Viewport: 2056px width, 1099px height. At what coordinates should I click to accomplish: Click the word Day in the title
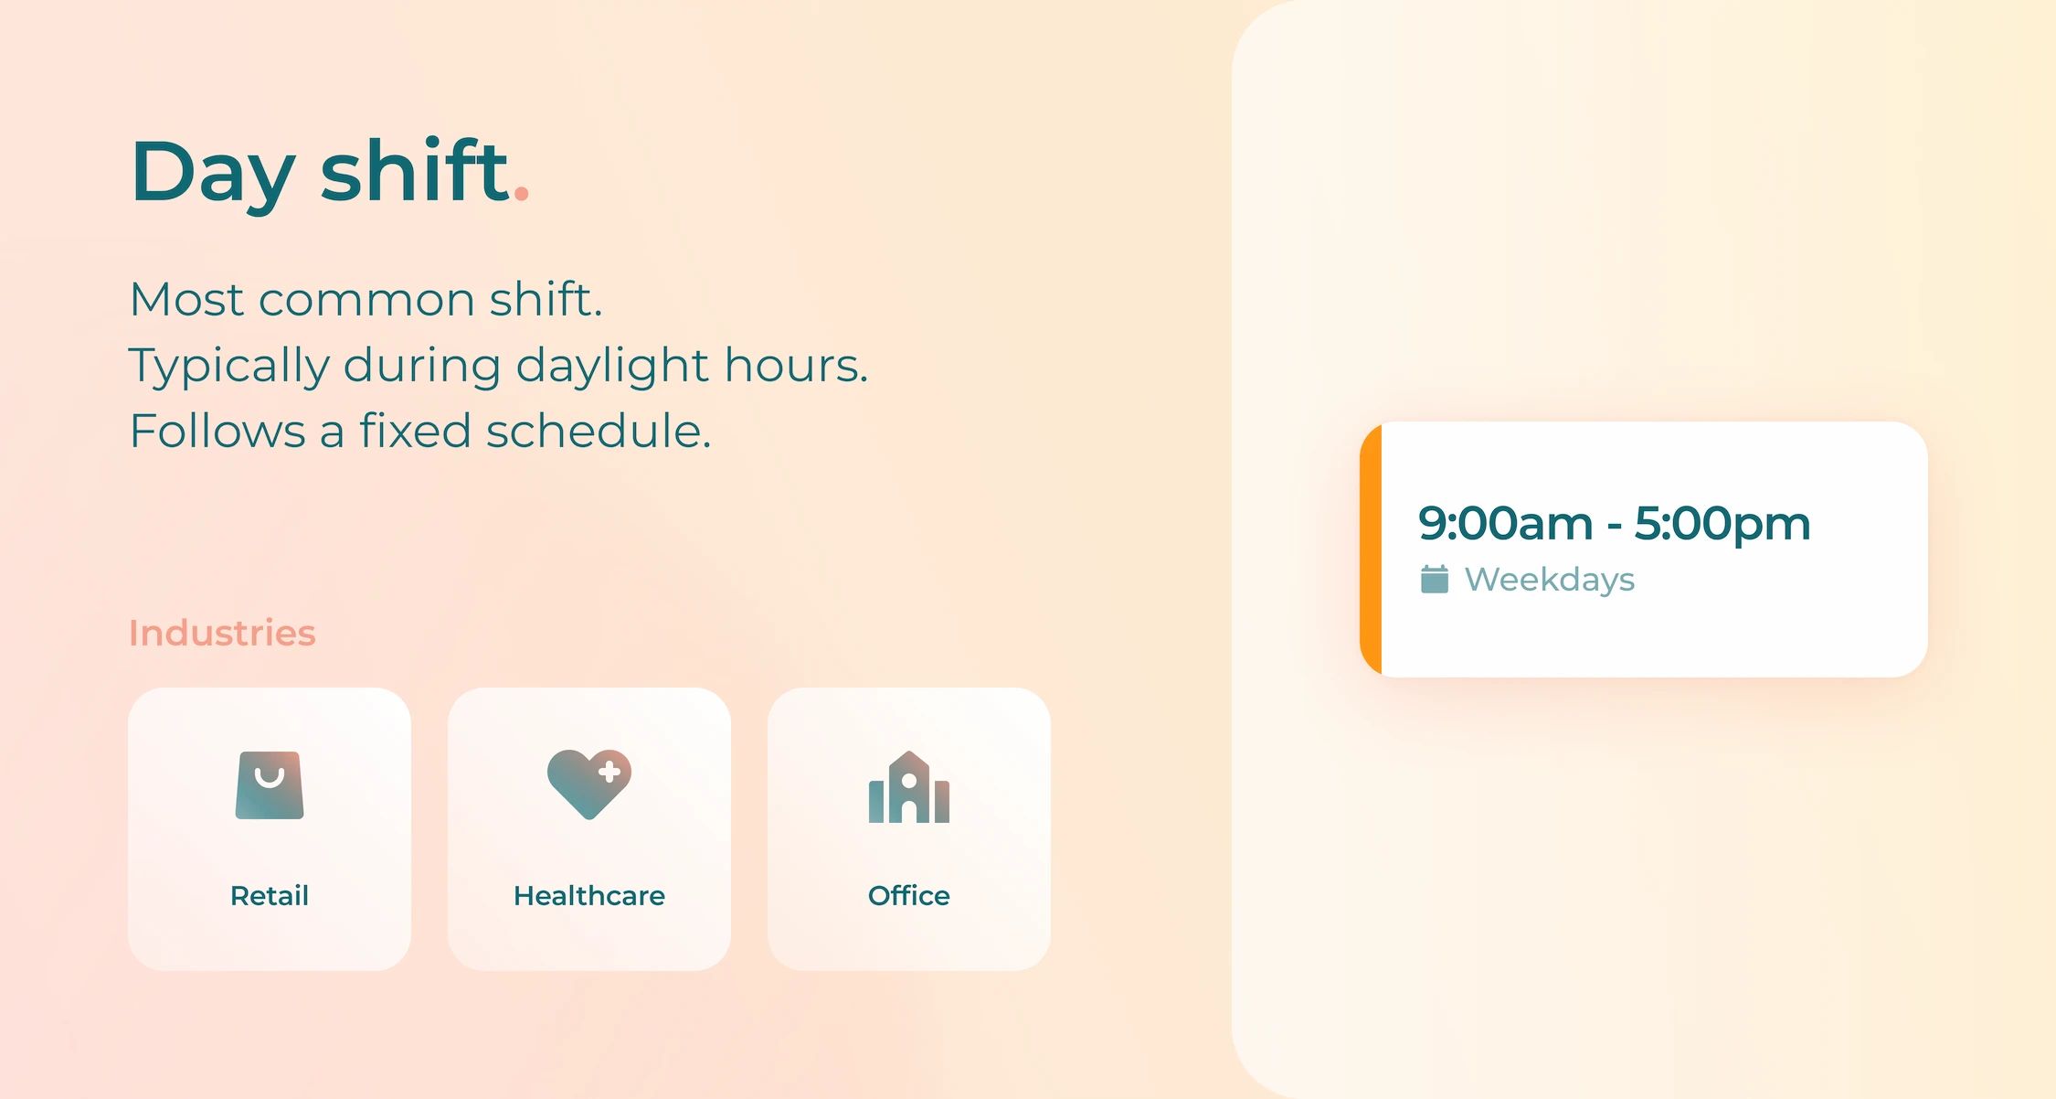[x=213, y=174]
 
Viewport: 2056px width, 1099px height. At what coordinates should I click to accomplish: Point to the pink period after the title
[x=522, y=193]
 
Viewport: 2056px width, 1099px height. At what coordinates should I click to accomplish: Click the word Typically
[x=228, y=366]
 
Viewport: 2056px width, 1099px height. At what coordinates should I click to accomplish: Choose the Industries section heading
[x=222, y=633]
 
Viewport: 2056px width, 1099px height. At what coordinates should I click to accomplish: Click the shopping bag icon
[x=270, y=785]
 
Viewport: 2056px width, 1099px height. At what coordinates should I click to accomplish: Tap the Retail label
[x=270, y=895]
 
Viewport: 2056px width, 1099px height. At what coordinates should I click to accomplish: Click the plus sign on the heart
[x=609, y=773]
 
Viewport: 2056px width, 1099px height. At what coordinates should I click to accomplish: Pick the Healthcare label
[x=589, y=895]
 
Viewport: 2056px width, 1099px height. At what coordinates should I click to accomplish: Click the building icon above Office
[x=909, y=787]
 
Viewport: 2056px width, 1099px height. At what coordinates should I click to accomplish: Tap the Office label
[x=909, y=895]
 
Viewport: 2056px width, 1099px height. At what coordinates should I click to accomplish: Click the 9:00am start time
[x=1505, y=524]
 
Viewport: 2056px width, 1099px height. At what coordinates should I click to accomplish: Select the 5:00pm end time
[x=1722, y=524]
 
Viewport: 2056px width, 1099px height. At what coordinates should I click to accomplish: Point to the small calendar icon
[x=1435, y=579]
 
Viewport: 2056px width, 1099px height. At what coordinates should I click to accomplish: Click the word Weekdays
[x=1550, y=580]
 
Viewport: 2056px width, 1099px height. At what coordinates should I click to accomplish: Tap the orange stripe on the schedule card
[x=1371, y=549]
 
